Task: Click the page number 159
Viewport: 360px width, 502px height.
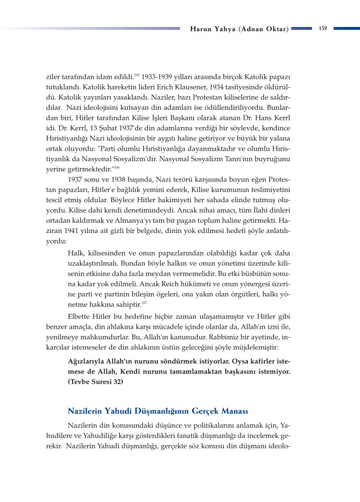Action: pos(322,28)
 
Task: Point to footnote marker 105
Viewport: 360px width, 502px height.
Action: pos(137,75)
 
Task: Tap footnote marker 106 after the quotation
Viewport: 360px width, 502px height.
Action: pos(116,167)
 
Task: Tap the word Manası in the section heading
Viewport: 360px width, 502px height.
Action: pos(233,412)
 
